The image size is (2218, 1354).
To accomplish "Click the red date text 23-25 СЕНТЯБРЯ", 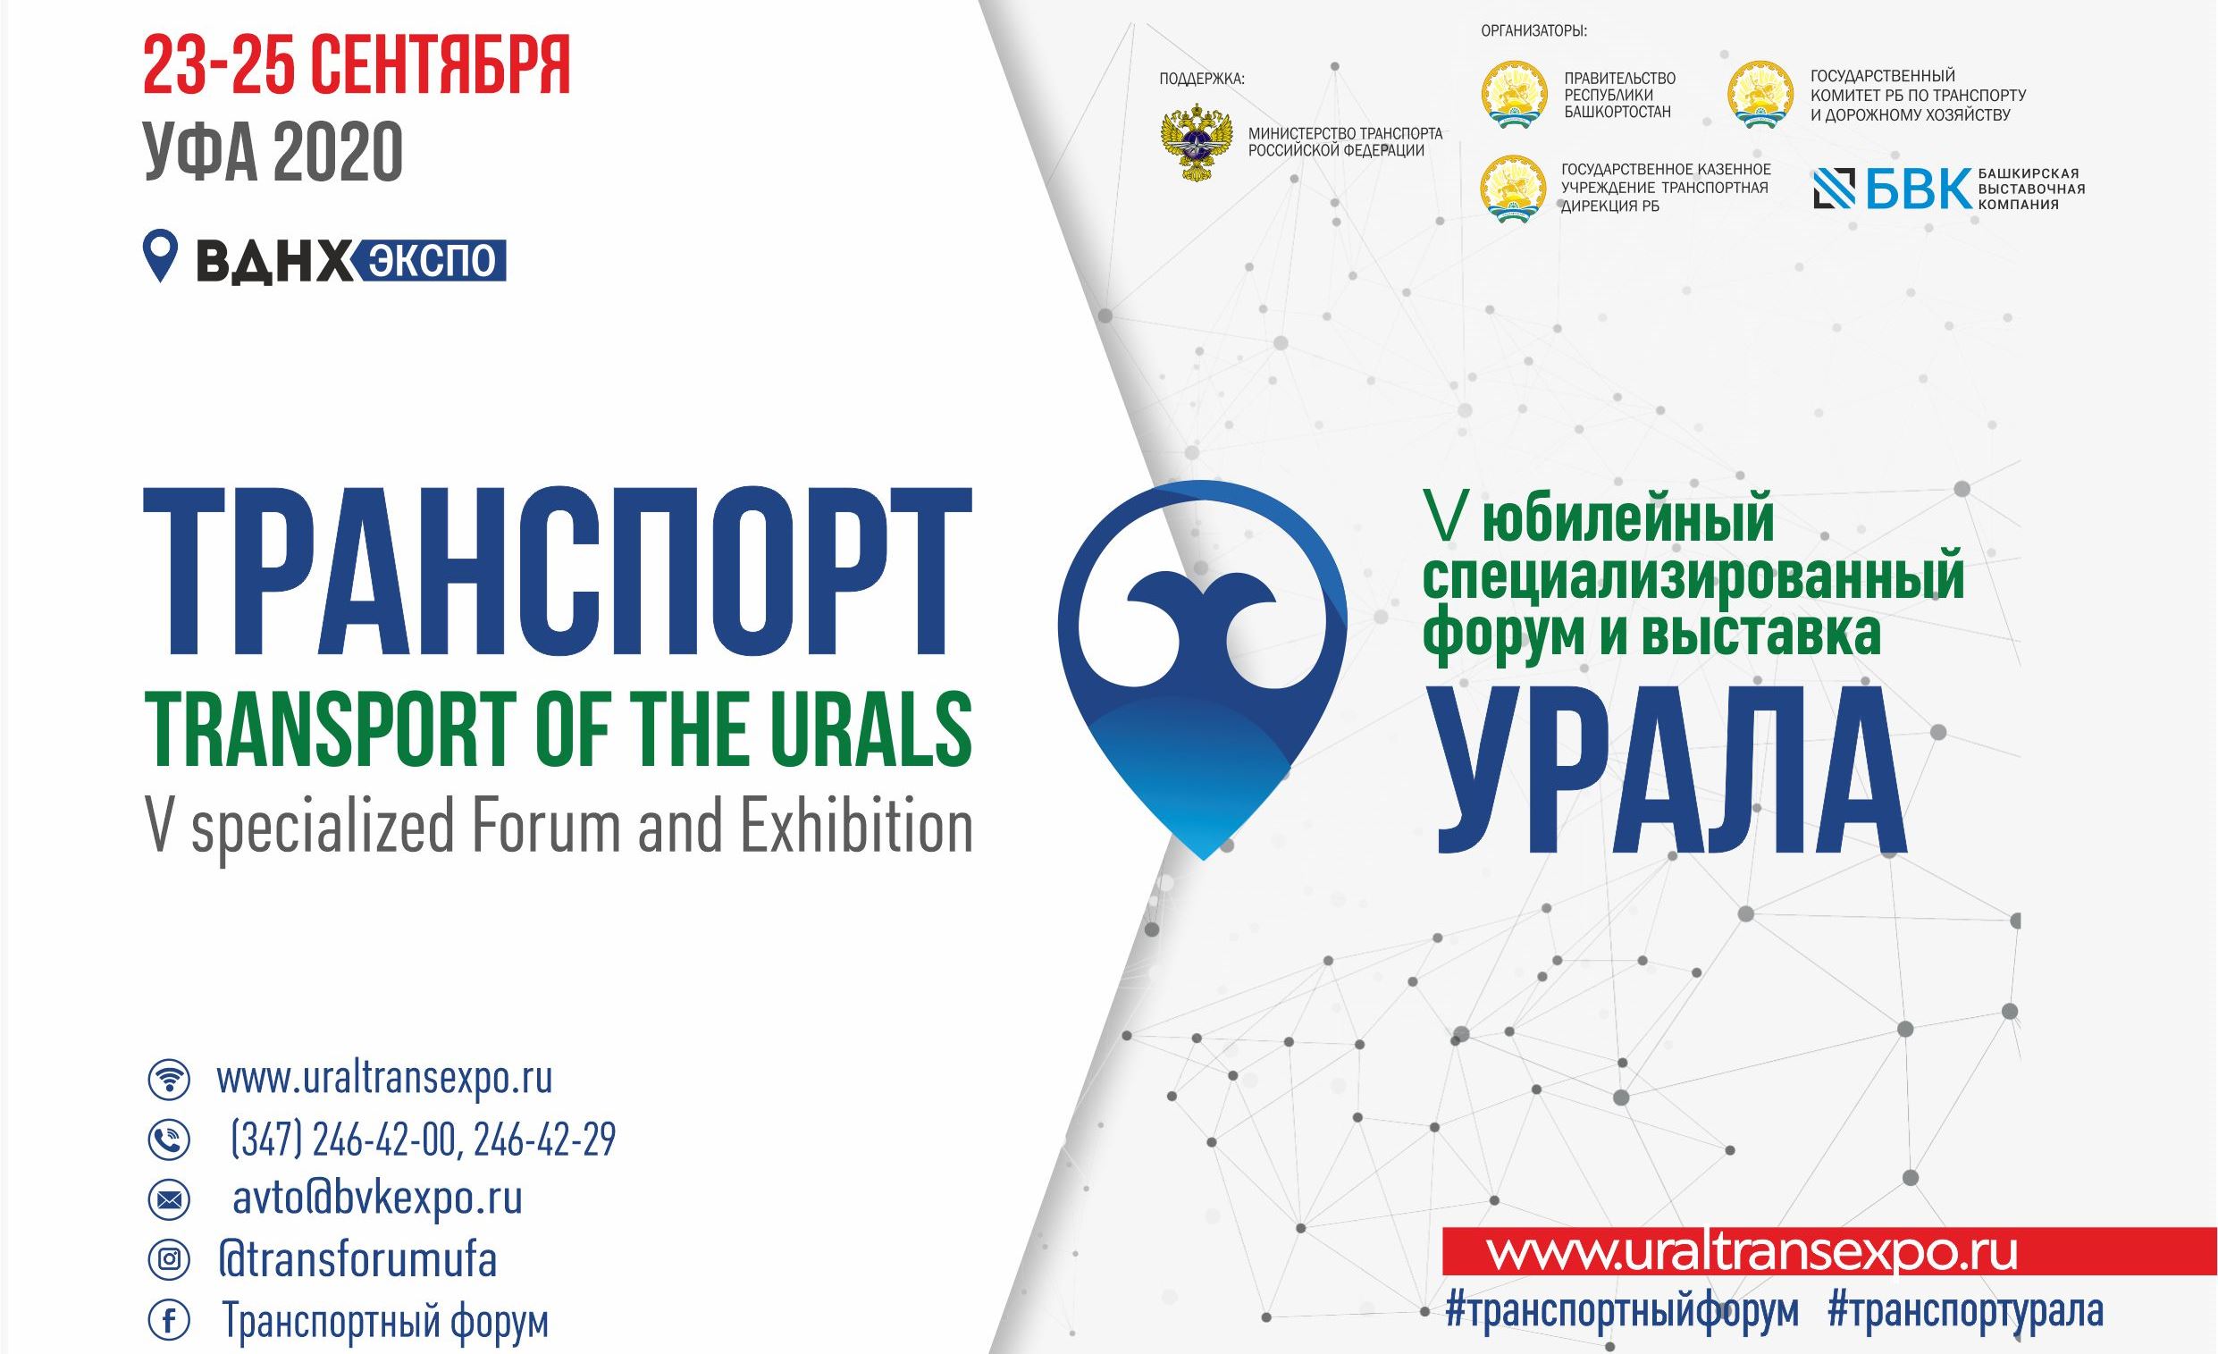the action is pos(357,67).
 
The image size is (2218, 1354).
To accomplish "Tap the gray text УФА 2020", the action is pos(273,152).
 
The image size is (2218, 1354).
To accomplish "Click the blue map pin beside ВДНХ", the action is pos(160,257).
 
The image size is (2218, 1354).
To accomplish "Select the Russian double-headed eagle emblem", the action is pos(1196,141).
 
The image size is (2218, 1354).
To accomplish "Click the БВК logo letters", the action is pos(1919,189).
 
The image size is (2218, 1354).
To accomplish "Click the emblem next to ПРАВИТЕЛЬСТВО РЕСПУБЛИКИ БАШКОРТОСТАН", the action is pos(1514,94).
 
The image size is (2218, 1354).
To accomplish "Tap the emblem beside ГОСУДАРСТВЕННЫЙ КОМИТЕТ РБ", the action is pos(1760,94).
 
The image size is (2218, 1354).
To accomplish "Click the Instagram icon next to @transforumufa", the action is pos(168,1258).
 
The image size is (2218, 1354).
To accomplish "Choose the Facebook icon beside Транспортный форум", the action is pos(168,1322).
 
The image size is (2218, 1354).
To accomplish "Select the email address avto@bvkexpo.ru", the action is pos(377,1199).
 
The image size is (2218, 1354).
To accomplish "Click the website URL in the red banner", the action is pos(1752,1252).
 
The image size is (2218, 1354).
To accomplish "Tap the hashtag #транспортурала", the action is pos(1965,1310).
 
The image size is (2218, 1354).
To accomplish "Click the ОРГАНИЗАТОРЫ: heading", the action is pos(1533,31).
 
